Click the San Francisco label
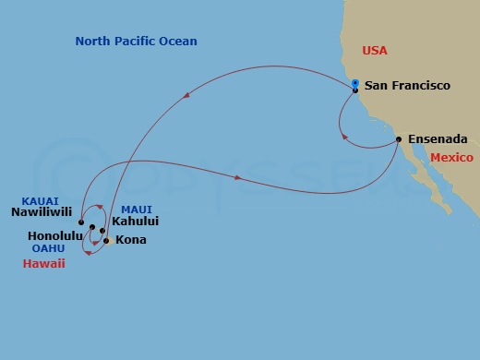pyautogui.click(x=407, y=86)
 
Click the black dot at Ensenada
pyautogui.click(x=398, y=139)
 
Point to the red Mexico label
pyautogui.click(x=451, y=158)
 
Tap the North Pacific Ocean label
pyautogui.click(x=137, y=42)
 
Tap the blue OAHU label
pyautogui.click(x=47, y=247)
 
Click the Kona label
pyautogui.click(x=129, y=240)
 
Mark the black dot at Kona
pyautogui.click(x=107, y=241)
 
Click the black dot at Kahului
pyautogui.click(x=102, y=231)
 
